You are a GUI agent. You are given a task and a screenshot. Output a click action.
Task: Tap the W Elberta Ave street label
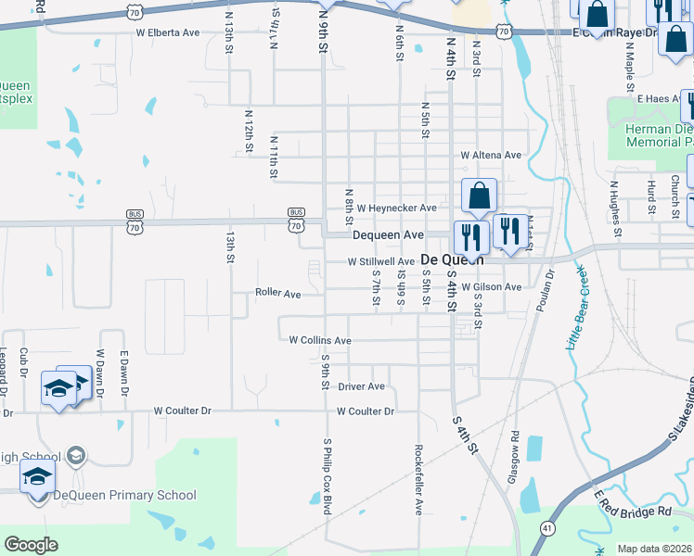click(x=168, y=32)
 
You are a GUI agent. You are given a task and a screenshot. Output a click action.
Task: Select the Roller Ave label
click(x=278, y=294)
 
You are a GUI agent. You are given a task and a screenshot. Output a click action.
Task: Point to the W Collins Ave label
click(x=320, y=341)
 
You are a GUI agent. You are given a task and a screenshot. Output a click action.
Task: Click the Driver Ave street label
click(x=361, y=386)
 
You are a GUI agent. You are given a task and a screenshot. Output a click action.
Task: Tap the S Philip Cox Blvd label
click(x=327, y=476)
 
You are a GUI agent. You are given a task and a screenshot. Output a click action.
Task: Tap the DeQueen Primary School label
click(x=124, y=495)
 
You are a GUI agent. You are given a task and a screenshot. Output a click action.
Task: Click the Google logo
click(x=32, y=545)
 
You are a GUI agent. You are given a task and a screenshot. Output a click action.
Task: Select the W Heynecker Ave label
click(x=396, y=208)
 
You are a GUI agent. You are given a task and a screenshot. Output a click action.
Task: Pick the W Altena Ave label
click(x=492, y=155)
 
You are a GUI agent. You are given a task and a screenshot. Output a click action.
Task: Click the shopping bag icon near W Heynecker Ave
click(x=479, y=196)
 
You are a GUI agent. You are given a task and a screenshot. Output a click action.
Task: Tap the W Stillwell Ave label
click(x=381, y=262)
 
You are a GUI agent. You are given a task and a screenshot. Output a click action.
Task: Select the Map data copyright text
click(x=655, y=549)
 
